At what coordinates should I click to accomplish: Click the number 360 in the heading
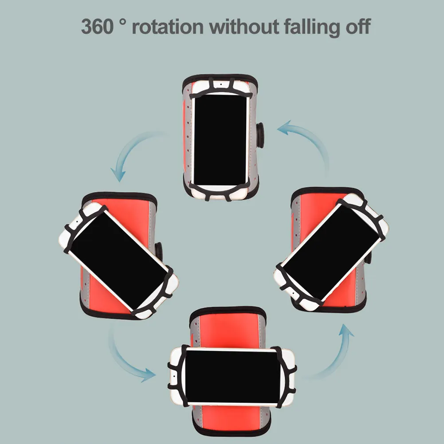click(98, 27)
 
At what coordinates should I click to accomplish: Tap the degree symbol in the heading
click(122, 22)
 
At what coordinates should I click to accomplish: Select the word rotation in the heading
click(168, 27)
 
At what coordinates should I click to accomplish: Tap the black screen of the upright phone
click(220, 140)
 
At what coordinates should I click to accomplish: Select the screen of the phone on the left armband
click(118, 260)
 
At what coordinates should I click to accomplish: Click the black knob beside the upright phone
click(260, 135)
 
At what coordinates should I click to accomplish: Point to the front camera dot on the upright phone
click(221, 84)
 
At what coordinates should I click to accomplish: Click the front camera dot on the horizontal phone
click(173, 376)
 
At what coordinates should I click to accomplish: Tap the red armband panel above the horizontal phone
click(229, 331)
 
